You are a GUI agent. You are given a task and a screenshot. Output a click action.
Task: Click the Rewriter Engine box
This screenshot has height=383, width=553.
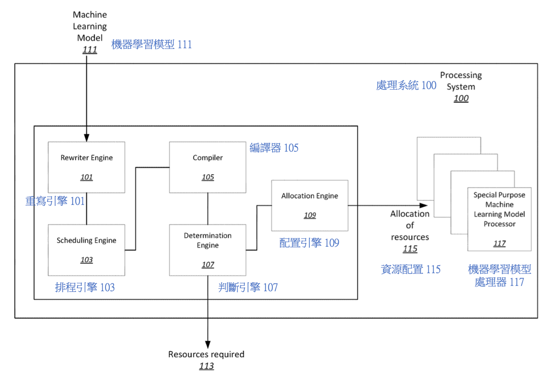coord(86,167)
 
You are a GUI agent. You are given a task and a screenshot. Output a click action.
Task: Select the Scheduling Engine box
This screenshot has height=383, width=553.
coord(86,250)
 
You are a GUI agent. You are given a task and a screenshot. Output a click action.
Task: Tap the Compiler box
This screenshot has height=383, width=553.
coord(207,167)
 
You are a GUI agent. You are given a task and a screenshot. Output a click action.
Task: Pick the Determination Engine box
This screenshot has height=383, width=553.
coord(207,250)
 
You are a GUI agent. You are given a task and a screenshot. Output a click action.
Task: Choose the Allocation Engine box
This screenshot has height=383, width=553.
coord(309,205)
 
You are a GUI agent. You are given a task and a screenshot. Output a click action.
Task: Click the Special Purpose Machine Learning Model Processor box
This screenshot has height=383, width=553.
coord(499,219)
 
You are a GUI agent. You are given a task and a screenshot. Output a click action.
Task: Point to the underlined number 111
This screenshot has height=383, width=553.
coord(90,50)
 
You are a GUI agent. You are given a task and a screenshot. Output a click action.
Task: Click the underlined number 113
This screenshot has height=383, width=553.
coord(207,366)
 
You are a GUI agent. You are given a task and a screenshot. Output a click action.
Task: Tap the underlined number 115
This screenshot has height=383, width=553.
coord(410,249)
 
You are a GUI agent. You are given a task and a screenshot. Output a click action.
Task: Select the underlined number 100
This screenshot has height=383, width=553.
coord(461,98)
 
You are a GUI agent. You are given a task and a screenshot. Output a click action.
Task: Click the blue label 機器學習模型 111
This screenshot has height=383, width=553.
coord(151,44)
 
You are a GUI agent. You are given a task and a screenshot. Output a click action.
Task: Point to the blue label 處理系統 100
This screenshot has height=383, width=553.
coord(406,85)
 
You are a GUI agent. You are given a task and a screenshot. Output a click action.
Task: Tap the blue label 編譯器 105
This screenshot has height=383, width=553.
coord(274,148)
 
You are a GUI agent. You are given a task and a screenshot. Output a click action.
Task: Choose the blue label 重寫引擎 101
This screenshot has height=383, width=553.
coord(55,201)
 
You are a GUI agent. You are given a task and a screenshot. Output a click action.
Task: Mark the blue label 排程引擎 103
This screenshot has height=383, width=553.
coord(85,287)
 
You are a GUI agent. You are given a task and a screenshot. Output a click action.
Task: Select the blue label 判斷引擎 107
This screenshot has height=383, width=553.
coord(248,287)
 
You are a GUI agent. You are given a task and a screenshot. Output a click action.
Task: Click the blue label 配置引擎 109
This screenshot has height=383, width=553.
coord(309,243)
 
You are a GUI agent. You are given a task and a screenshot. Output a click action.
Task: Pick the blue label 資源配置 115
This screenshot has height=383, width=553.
coord(411,269)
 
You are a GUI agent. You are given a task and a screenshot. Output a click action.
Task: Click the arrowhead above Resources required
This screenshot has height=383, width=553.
coord(207,344)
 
